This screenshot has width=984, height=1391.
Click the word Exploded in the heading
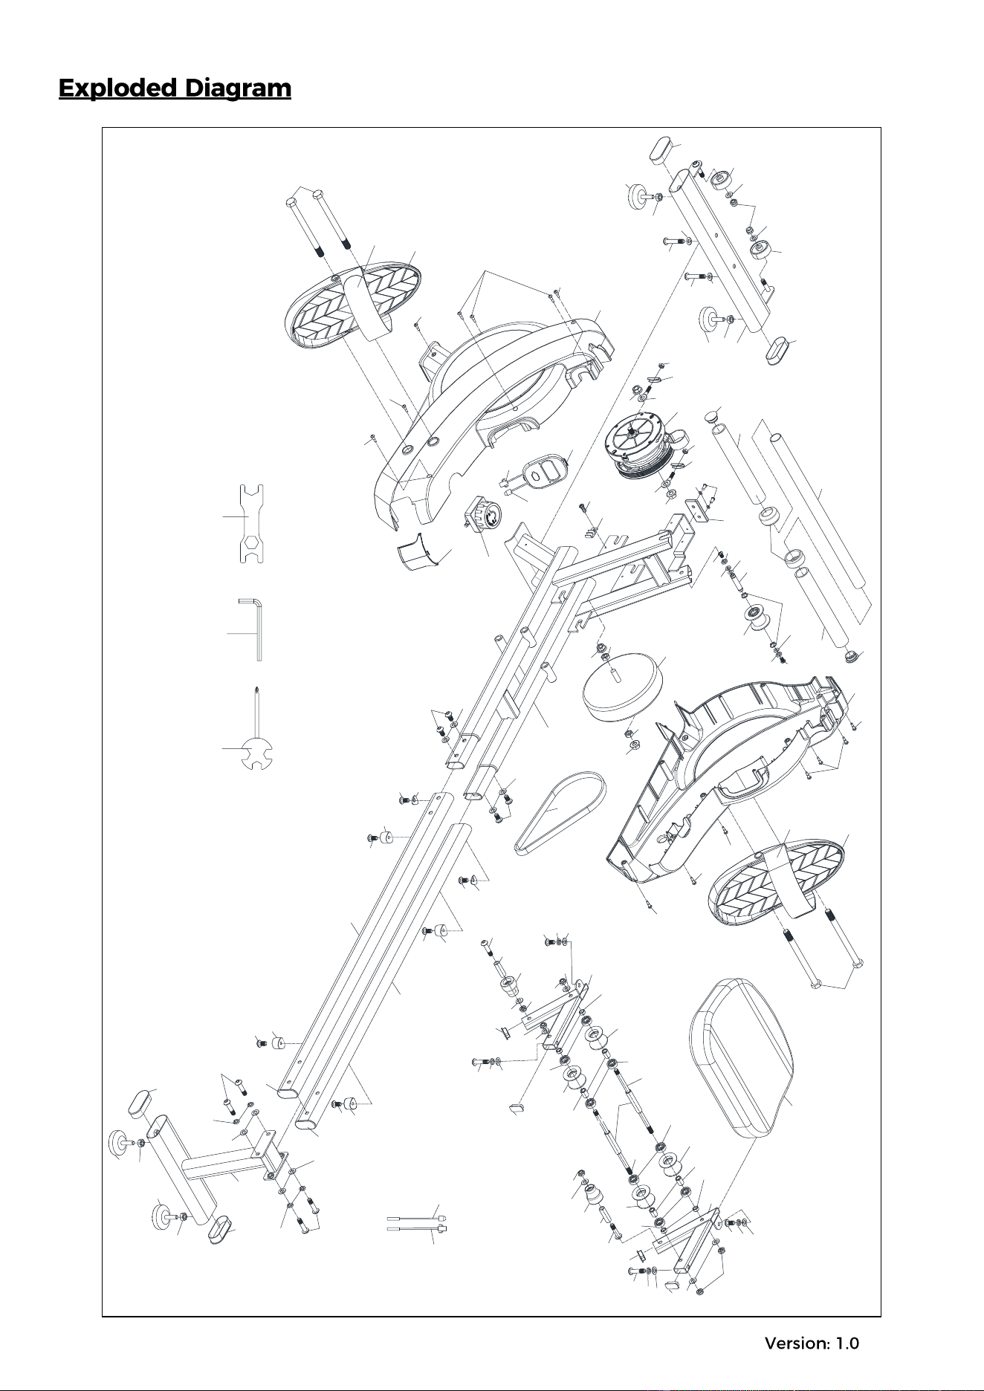coord(117,88)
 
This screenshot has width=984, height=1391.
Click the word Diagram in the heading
coord(238,88)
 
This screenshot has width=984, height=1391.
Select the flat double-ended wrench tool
coord(253,524)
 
